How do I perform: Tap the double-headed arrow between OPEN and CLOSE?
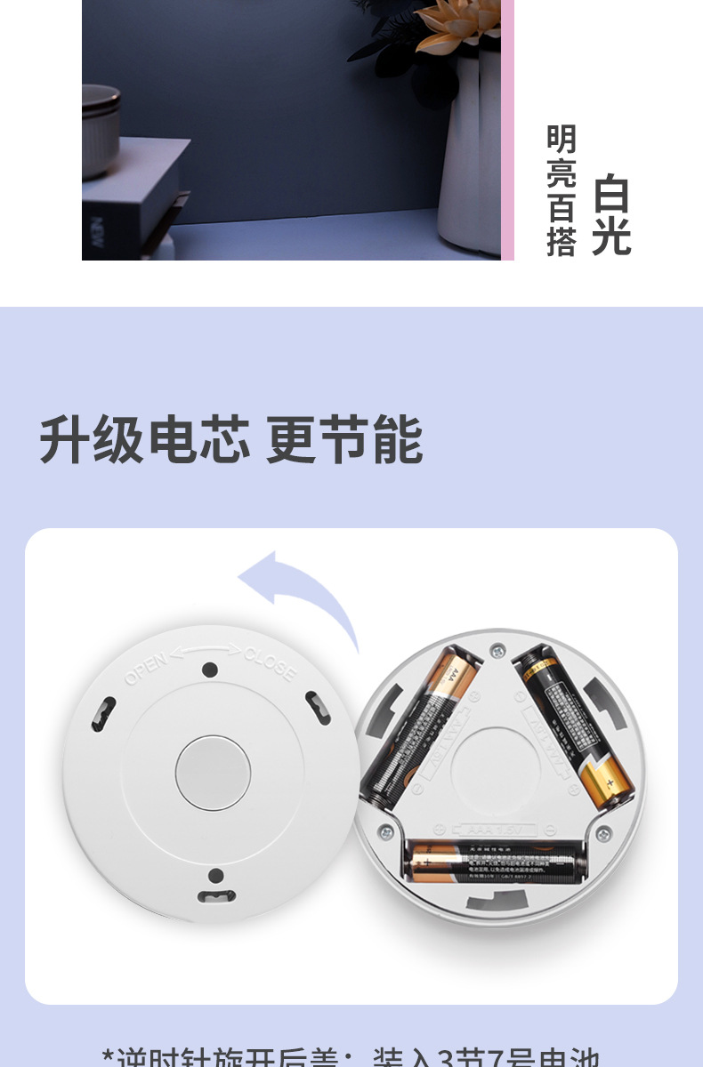click(207, 652)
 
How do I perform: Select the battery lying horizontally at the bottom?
click(492, 860)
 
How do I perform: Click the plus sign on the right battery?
click(610, 782)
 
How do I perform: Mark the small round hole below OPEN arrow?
click(210, 670)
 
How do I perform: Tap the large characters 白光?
click(611, 216)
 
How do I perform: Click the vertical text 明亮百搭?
click(562, 190)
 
